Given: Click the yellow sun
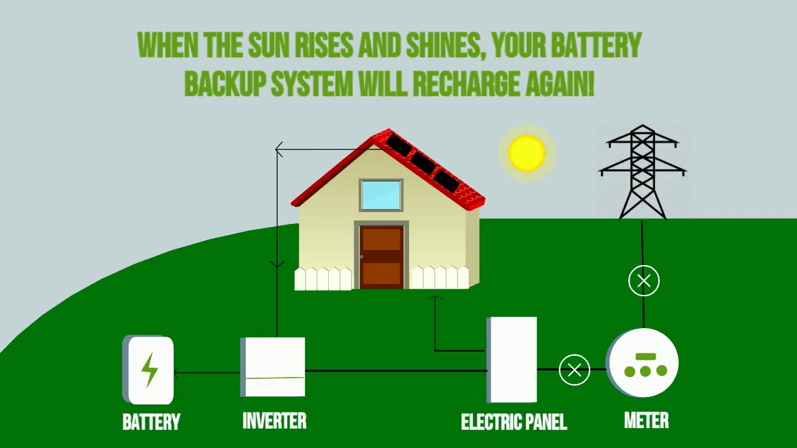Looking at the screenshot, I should click(527, 153).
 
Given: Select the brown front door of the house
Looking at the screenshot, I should click(381, 256).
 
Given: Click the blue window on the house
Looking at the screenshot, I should click(381, 195).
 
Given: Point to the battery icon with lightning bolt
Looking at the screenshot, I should click(149, 370).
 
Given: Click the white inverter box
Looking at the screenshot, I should click(273, 367).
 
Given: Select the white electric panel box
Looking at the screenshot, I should click(512, 360).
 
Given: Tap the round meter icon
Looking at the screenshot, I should click(644, 363).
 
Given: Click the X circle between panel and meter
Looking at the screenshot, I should click(574, 370).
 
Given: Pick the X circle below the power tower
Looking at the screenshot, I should click(644, 281).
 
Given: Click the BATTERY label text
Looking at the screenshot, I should click(151, 422).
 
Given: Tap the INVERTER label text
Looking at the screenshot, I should click(274, 421).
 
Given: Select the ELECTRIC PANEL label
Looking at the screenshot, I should click(514, 422).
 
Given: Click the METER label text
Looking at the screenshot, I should click(646, 421).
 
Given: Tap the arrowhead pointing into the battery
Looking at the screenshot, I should click(177, 373).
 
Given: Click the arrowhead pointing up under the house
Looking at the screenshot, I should click(435, 299).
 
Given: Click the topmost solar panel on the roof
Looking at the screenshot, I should click(398, 146).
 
